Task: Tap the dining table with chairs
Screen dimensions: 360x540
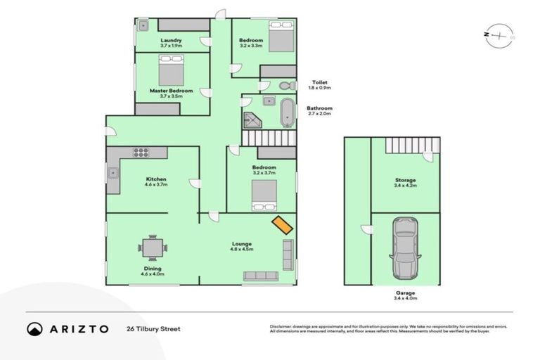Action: click(153, 247)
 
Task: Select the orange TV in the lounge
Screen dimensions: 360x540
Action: click(283, 224)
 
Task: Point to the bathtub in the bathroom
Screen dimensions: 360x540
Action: click(286, 112)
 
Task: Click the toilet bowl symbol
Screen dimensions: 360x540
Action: click(285, 86)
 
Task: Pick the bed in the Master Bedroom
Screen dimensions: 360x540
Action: click(171, 70)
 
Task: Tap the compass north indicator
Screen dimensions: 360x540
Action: click(499, 34)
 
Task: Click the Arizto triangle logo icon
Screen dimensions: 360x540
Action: click(34, 329)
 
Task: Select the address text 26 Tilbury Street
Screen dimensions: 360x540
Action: click(153, 329)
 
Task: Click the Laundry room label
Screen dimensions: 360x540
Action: click(171, 40)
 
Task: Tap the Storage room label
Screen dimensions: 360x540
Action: click(404, 180)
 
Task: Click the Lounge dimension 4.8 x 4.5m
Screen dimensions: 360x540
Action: click(242, 249)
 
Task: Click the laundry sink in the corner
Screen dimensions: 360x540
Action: click(143, 26)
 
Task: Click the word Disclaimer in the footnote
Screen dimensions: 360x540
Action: click(281, 327)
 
